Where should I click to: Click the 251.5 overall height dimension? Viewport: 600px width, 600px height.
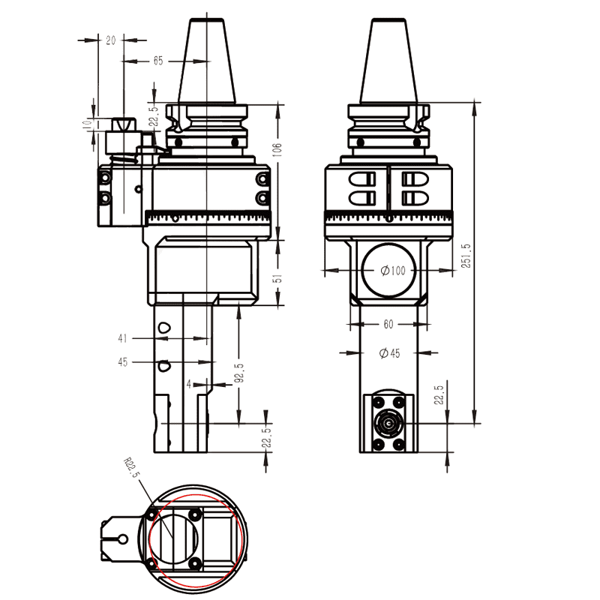(x=466, y=256)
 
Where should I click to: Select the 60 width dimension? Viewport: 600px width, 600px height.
(x=388, y=325)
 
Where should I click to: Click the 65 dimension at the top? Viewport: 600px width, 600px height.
(x=157, y=61)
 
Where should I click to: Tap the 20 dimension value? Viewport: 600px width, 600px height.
(x=111, y=40)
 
